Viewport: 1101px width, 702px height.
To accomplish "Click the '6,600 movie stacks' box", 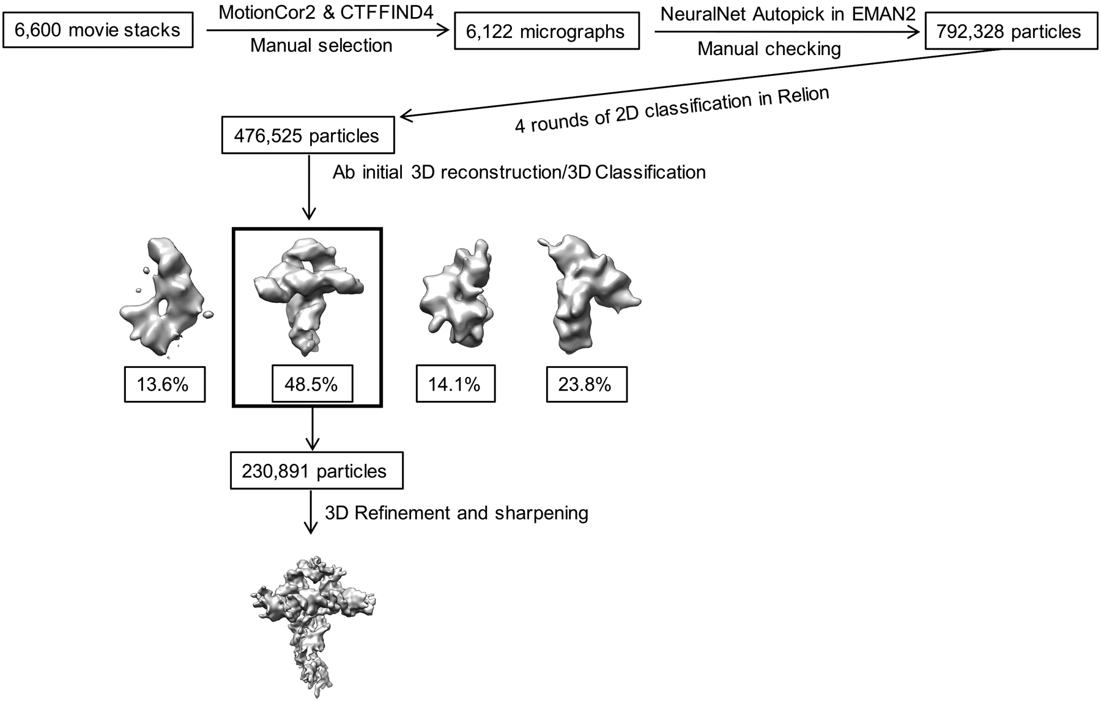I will (98, 31).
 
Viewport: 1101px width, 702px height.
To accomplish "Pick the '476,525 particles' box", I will (307, 136).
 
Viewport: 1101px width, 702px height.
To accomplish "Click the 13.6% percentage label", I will (165, 384).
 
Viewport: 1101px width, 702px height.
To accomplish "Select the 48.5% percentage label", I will (312, 384).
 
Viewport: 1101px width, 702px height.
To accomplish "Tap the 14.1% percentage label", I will (455, 384).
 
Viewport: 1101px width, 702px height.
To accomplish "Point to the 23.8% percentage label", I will (586, 384).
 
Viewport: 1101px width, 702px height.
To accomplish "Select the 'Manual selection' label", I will (321, 45).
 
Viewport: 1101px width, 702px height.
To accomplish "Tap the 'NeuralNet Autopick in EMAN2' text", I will (788, 13).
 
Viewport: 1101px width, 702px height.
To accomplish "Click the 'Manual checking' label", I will (769, 49).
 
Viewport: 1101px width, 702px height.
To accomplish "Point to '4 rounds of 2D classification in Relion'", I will (672, 110).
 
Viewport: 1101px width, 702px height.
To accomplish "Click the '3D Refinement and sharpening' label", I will (456, 513).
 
